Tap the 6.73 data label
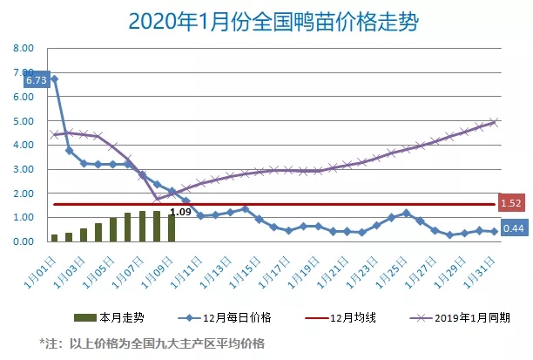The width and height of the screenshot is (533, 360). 36,80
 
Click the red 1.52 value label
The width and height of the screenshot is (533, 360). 511,204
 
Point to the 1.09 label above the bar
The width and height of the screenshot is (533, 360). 180,211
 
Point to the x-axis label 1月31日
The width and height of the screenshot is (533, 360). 484,262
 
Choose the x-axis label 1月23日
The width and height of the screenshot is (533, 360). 367,262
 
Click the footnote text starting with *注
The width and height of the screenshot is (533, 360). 152,343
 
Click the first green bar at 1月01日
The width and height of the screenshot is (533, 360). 54,237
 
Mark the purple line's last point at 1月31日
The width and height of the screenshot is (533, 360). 494,122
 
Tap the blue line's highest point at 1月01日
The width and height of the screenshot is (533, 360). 54,79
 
